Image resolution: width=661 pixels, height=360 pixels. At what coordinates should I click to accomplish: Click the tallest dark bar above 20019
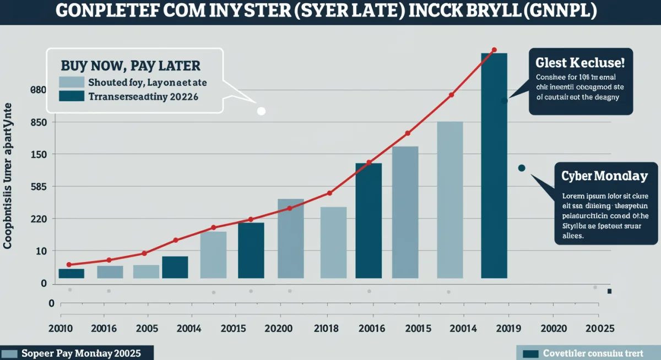coord(494,165)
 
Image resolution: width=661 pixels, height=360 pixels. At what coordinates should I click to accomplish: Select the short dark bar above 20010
coord(71,273)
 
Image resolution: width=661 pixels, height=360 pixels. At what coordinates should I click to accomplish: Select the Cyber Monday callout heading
coord(604,176)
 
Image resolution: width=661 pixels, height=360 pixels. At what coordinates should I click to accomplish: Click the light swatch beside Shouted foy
coord(71,83)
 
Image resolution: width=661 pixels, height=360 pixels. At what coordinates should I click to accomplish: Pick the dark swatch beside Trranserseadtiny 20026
coord(71,96)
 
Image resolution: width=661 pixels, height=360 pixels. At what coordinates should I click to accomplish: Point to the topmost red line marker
coord(494,50)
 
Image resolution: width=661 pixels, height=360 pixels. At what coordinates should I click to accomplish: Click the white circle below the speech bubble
coord(262,111)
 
